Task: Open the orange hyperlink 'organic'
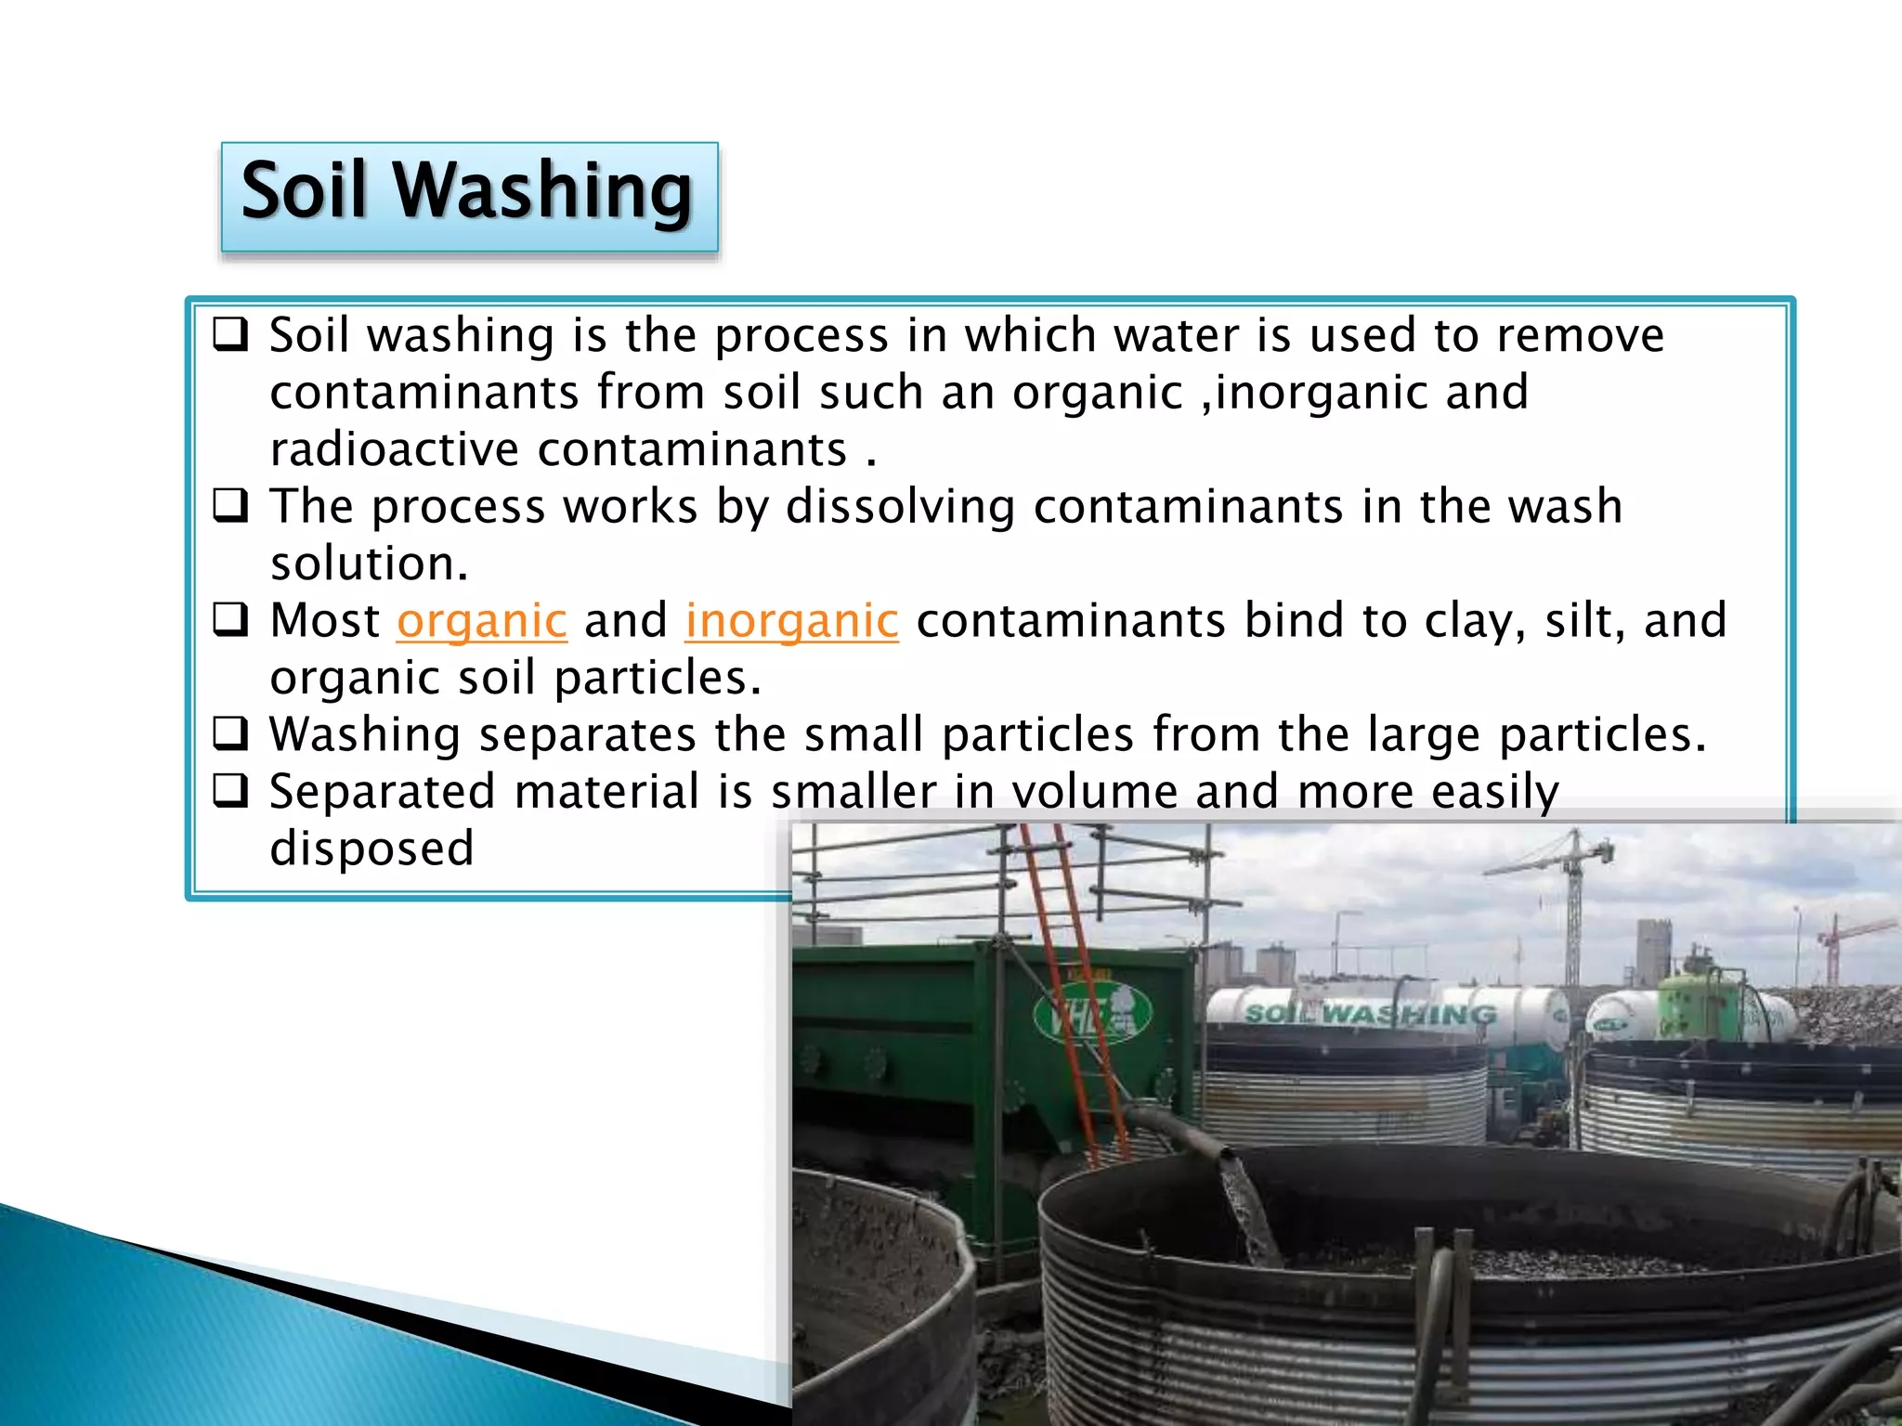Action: tap(481, 621)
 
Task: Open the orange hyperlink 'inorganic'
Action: tap(791, 621)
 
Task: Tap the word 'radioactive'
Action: tap(394, 450)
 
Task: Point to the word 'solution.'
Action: tap(369, 564)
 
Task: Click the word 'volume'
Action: tap(1094, 793)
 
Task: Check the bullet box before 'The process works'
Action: tap(230, 506)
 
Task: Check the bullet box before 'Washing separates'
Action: tap(230, 734)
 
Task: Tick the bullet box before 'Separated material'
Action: tap(230, 791)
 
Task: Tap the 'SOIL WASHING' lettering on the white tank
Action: tap(1370, 1013)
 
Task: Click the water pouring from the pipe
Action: tap(1246, 1207)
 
